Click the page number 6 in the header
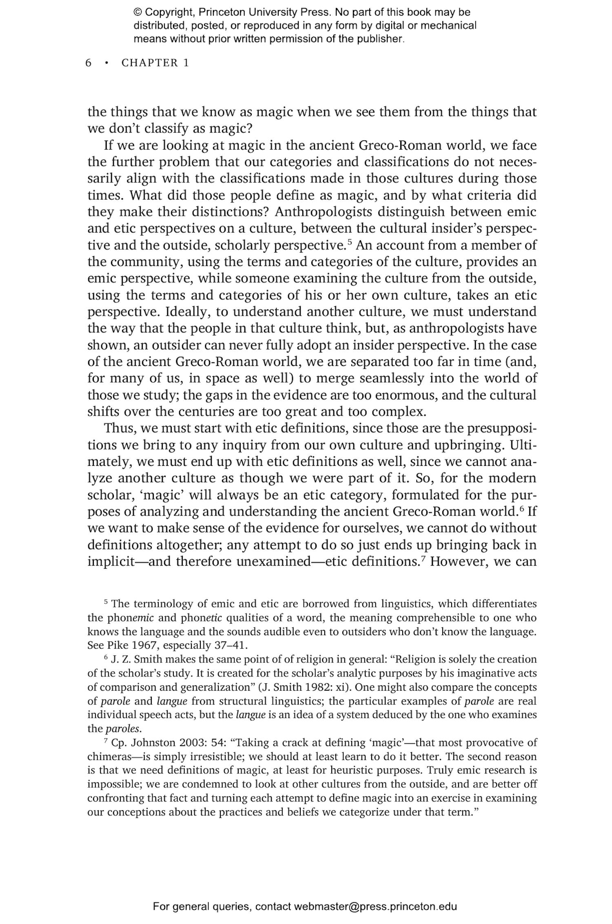88,63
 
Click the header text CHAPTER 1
155,63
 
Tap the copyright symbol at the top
138,13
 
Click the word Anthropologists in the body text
323,212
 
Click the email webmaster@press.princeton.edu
375,906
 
